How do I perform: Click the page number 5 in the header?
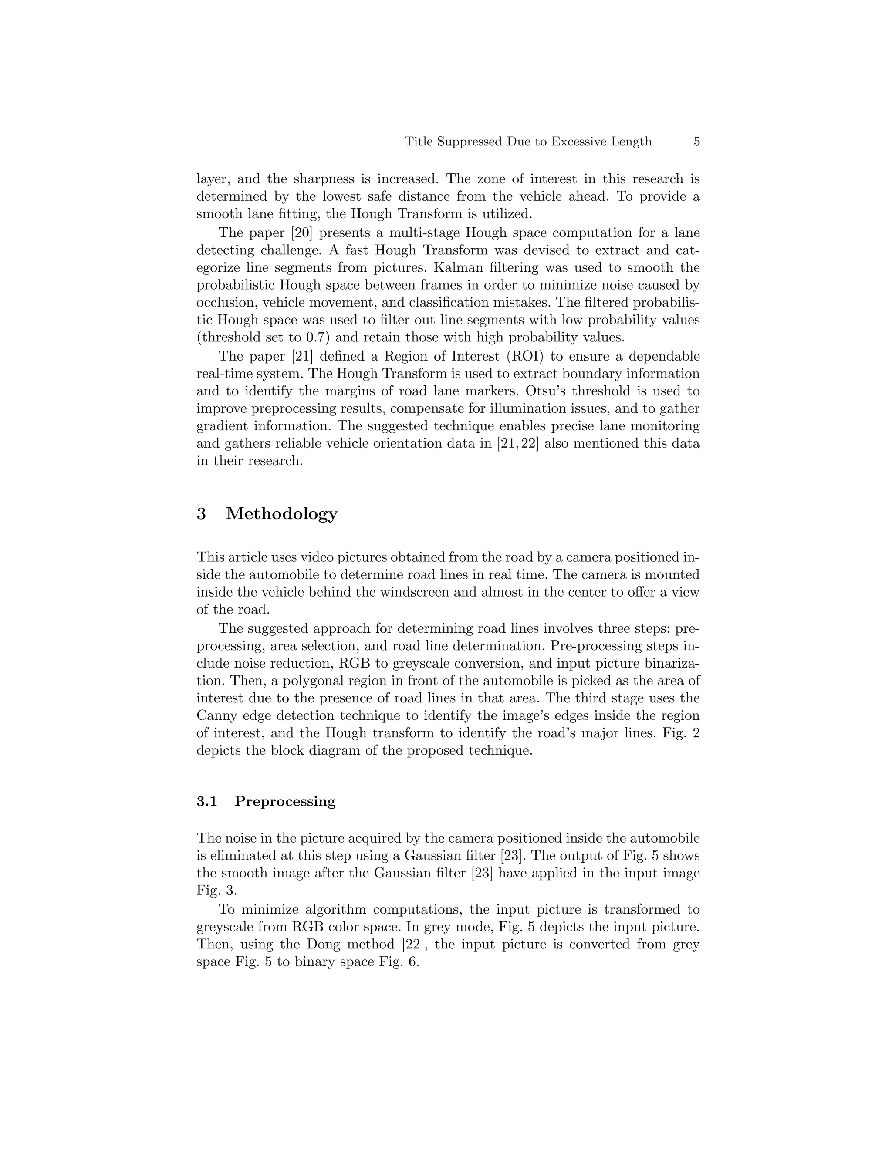[x=696, y=142]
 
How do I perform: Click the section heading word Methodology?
[x=282, y=513]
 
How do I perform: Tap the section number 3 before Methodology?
[x=201, y=513]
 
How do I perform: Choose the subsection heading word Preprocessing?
[x=285, y=802]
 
